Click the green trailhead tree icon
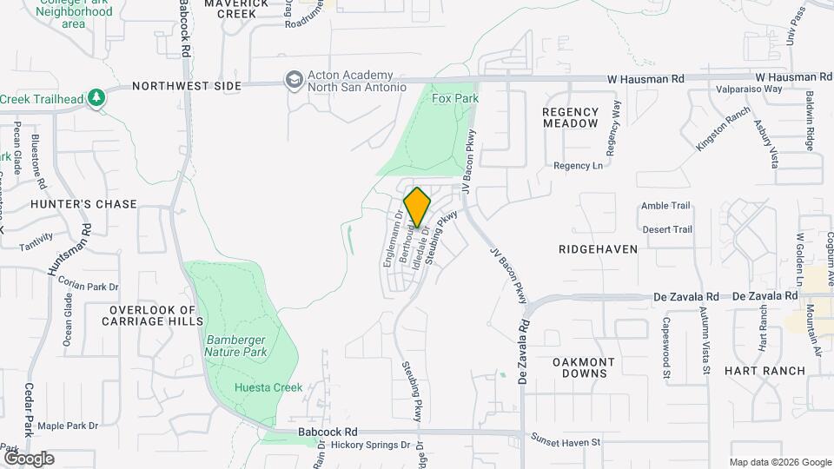point(97,98)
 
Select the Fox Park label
point(455,99)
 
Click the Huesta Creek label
point(268,387)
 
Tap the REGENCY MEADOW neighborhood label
point(571,117)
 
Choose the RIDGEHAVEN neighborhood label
point(598,248)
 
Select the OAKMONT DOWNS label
point(584,367)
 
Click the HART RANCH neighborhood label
point(770,370)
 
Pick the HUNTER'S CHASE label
point(83,204)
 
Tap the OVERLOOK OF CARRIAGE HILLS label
point(153,316)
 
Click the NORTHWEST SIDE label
point(187,87)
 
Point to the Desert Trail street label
point(667,229)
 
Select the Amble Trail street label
point(665,206)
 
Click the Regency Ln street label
point(578,165)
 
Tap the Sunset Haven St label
point(566,442)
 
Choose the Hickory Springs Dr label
point(370,446)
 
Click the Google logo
point(29,458)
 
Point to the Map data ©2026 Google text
point(779,462)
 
